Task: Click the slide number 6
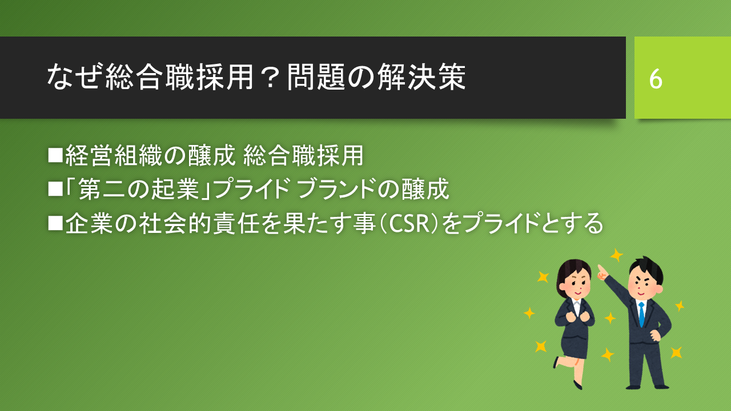point(656,79)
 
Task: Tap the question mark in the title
point(270,78)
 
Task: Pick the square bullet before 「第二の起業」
point(55,189)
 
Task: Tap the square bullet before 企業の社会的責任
point(55,223)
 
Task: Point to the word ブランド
point(337,189)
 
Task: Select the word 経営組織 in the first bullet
point(114,155)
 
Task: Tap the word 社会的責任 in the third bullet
point(199,223)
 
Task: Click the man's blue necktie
point(641,314)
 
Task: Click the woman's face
point(576,283)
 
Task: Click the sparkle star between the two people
point(610,318)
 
